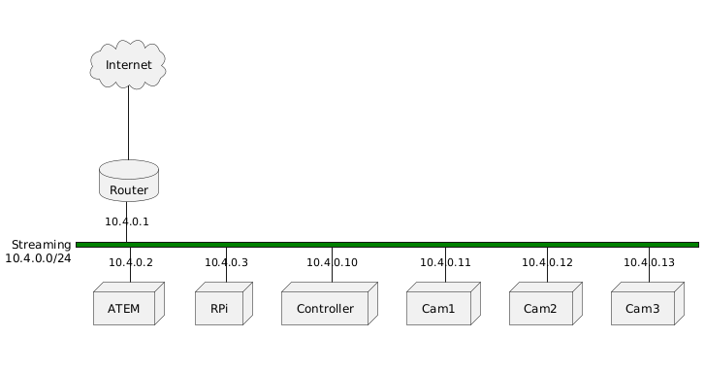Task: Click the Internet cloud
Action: coord(127,64)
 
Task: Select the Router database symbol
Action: coord(128,182)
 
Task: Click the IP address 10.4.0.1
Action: coord(127,221)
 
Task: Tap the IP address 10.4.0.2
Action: coord(131,262)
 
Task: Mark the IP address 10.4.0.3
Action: coord(226,262)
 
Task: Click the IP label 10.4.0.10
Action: coord(332,262)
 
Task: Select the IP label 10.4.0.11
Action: coord(445,262)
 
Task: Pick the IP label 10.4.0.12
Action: coord(547,262)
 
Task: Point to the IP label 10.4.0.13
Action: coord(649,262)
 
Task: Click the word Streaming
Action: coord(41,244)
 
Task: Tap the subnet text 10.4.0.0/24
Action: coord(38,258)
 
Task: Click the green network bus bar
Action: coord(388,245)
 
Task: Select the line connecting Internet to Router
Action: coord(128,121)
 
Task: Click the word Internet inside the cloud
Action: coord(129,65)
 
